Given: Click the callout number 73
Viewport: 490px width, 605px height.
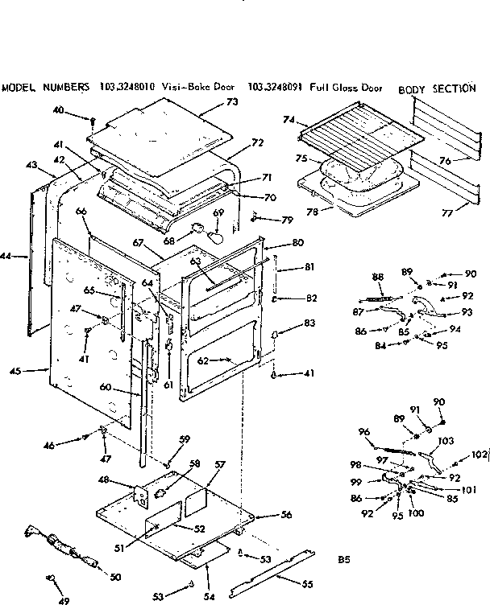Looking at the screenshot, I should [232, 102].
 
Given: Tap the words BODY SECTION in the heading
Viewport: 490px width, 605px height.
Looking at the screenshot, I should [438, 88].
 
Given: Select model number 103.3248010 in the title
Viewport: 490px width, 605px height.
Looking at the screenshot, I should [127, 87].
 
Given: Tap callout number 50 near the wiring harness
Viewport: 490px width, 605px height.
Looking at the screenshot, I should [115, 577].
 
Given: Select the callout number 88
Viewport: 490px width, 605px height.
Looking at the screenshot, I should [377, 278].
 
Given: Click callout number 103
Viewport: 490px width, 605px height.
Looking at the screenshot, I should [446, 442].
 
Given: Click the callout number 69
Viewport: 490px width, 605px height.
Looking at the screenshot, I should [218, 212].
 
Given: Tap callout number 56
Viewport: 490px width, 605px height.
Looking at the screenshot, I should [285, 516].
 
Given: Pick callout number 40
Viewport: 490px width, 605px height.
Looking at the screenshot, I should [81, 109].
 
